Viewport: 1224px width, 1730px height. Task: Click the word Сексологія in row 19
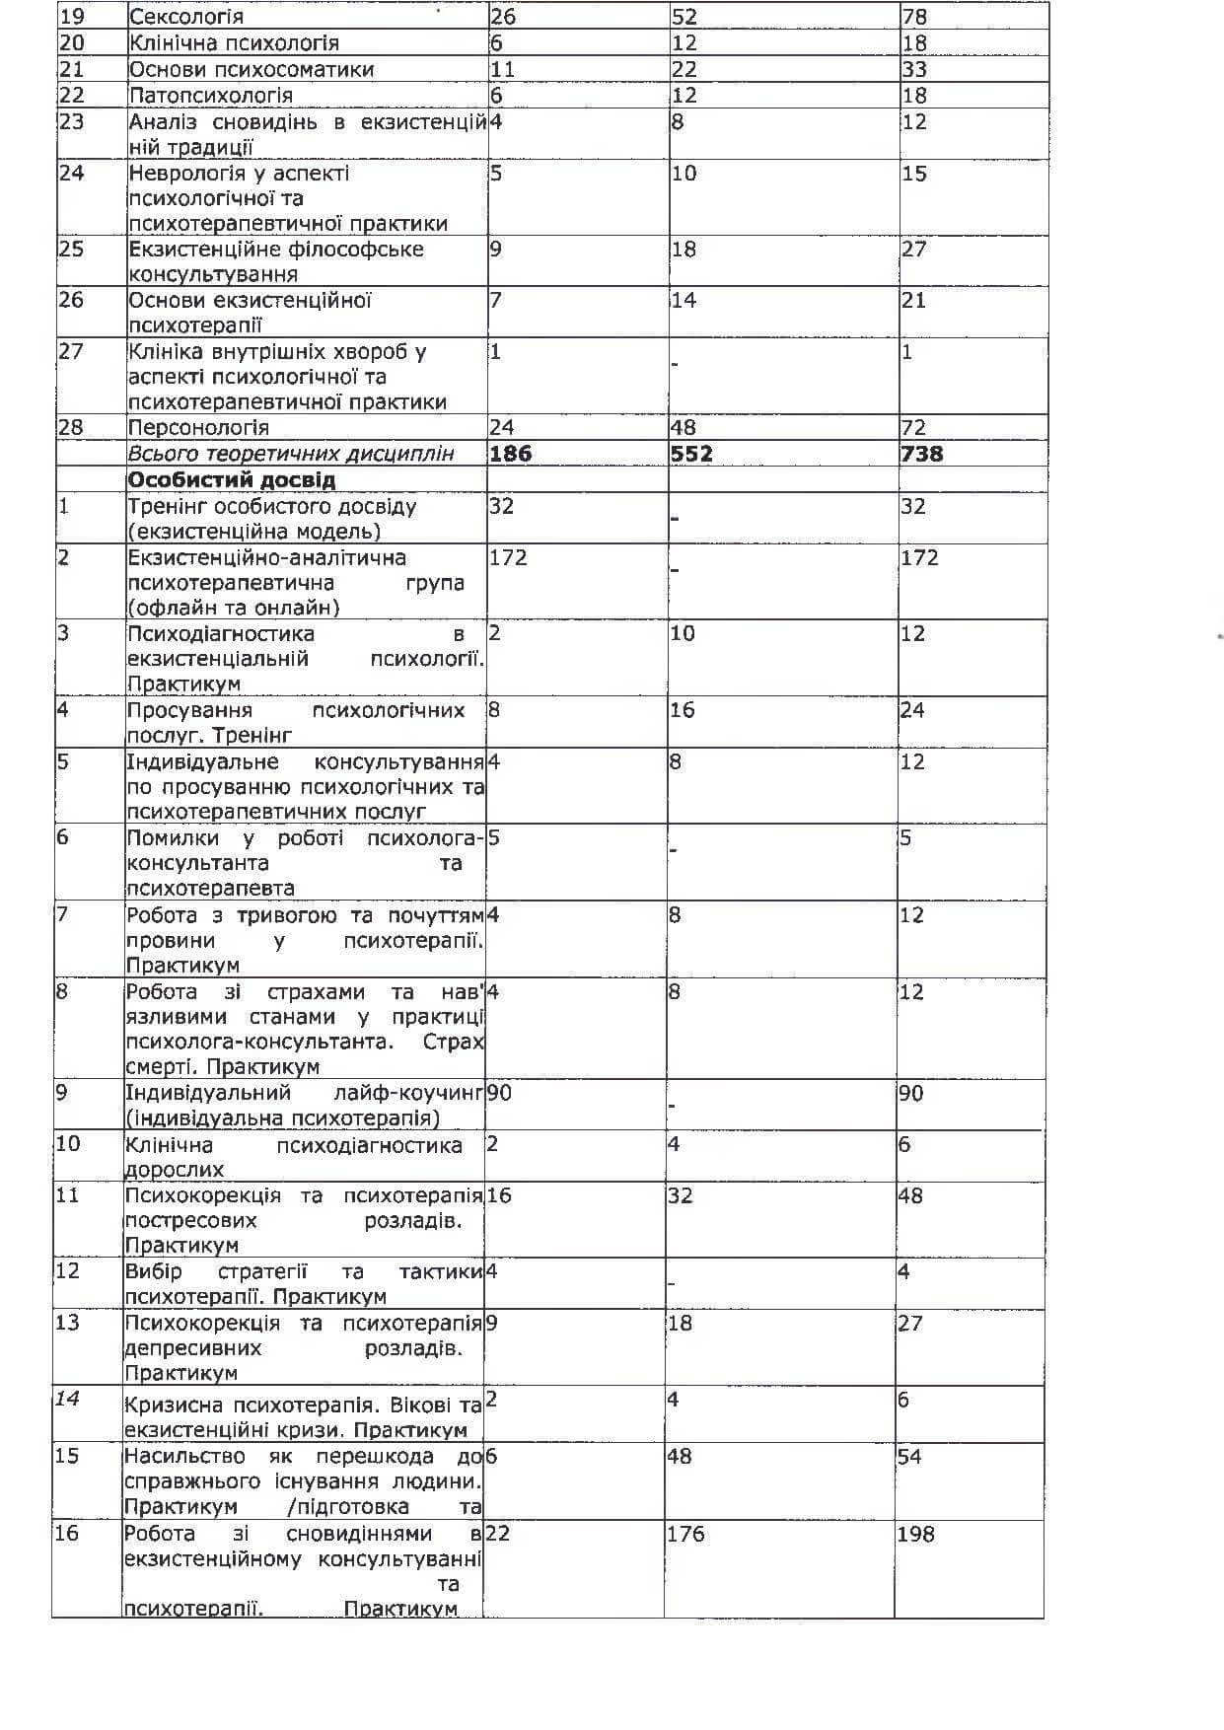point(186,17)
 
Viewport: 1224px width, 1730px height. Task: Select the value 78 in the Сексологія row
point(914,17)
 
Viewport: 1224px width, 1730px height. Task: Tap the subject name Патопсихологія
point(211,95)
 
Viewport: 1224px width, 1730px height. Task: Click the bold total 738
point(921,454)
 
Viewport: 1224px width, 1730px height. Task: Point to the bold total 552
point(691,454)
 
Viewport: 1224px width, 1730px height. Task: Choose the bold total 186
point(510,454)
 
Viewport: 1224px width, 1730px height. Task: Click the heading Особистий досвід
point(232,480)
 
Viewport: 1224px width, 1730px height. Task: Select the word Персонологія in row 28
point(198,427)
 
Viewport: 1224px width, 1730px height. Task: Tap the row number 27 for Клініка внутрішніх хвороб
point(71,351)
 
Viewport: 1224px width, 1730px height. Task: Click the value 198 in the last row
point(915,1534)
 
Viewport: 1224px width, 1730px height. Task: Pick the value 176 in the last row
point(685,1534)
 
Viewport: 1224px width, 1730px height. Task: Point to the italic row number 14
point(67,1399)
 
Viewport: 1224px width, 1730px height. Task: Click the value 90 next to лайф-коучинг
point(499,1093)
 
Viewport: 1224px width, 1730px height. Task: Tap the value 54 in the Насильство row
point(909,1457)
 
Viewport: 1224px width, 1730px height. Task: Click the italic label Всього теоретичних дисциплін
point(291,454)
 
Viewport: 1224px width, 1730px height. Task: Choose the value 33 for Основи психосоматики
point(914,69)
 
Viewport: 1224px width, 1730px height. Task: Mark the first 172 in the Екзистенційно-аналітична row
point(508,557)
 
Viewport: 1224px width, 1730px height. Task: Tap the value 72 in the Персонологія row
point(913,427)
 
